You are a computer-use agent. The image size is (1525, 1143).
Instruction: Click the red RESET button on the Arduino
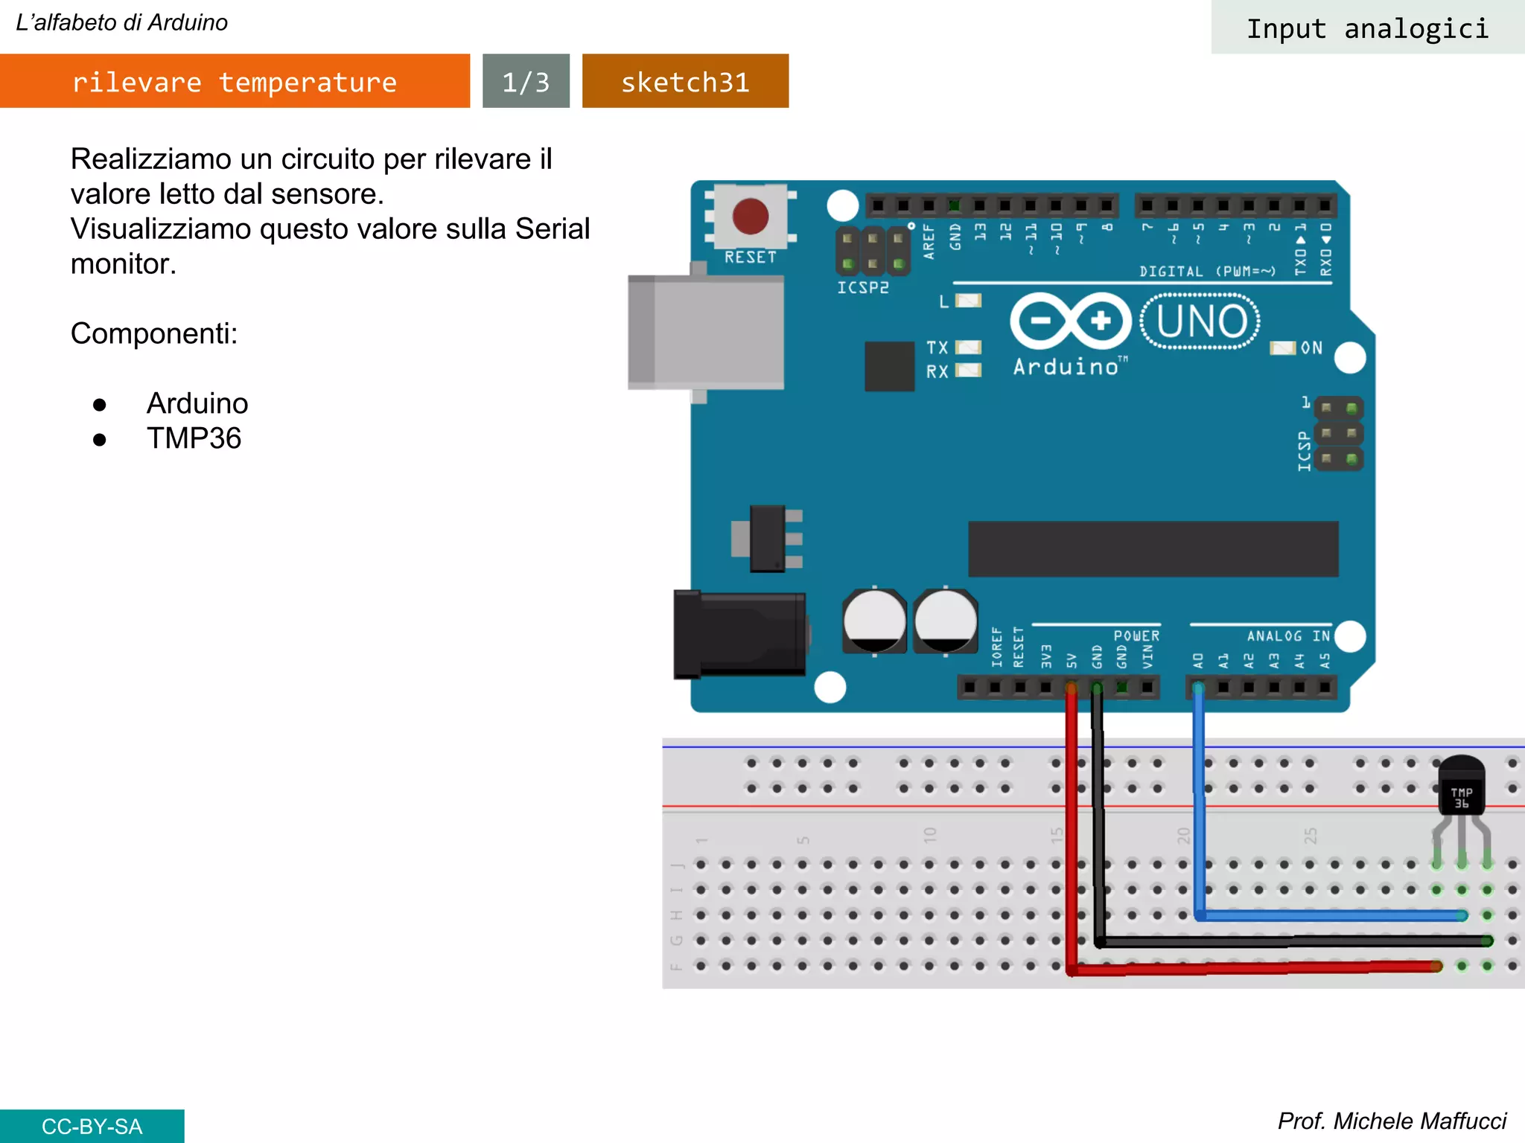750,216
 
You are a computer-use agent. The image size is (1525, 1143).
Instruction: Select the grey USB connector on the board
705,332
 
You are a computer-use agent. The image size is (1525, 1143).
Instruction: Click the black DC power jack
739,635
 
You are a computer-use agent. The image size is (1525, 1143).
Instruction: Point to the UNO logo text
1200,321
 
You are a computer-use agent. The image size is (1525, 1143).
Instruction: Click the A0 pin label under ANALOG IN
1198,660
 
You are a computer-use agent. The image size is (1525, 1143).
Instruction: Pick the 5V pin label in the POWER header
1072,660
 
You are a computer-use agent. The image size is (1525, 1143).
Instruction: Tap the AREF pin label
929,241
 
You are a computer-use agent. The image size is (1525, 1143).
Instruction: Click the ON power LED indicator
1282,348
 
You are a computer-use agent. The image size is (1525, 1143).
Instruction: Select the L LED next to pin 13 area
968,301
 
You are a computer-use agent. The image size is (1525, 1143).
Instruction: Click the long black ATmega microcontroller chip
1153,549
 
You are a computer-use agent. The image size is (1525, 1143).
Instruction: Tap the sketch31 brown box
685,81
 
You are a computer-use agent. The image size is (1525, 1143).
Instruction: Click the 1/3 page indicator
526,81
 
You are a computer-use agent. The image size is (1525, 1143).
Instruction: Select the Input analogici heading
1367,28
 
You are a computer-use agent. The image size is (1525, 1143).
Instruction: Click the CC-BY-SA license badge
92,1126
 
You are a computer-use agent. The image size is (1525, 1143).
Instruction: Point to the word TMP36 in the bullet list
194,438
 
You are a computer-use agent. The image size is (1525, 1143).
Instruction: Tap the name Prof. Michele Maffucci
1391,1121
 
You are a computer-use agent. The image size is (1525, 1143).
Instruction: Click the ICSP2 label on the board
862,287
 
